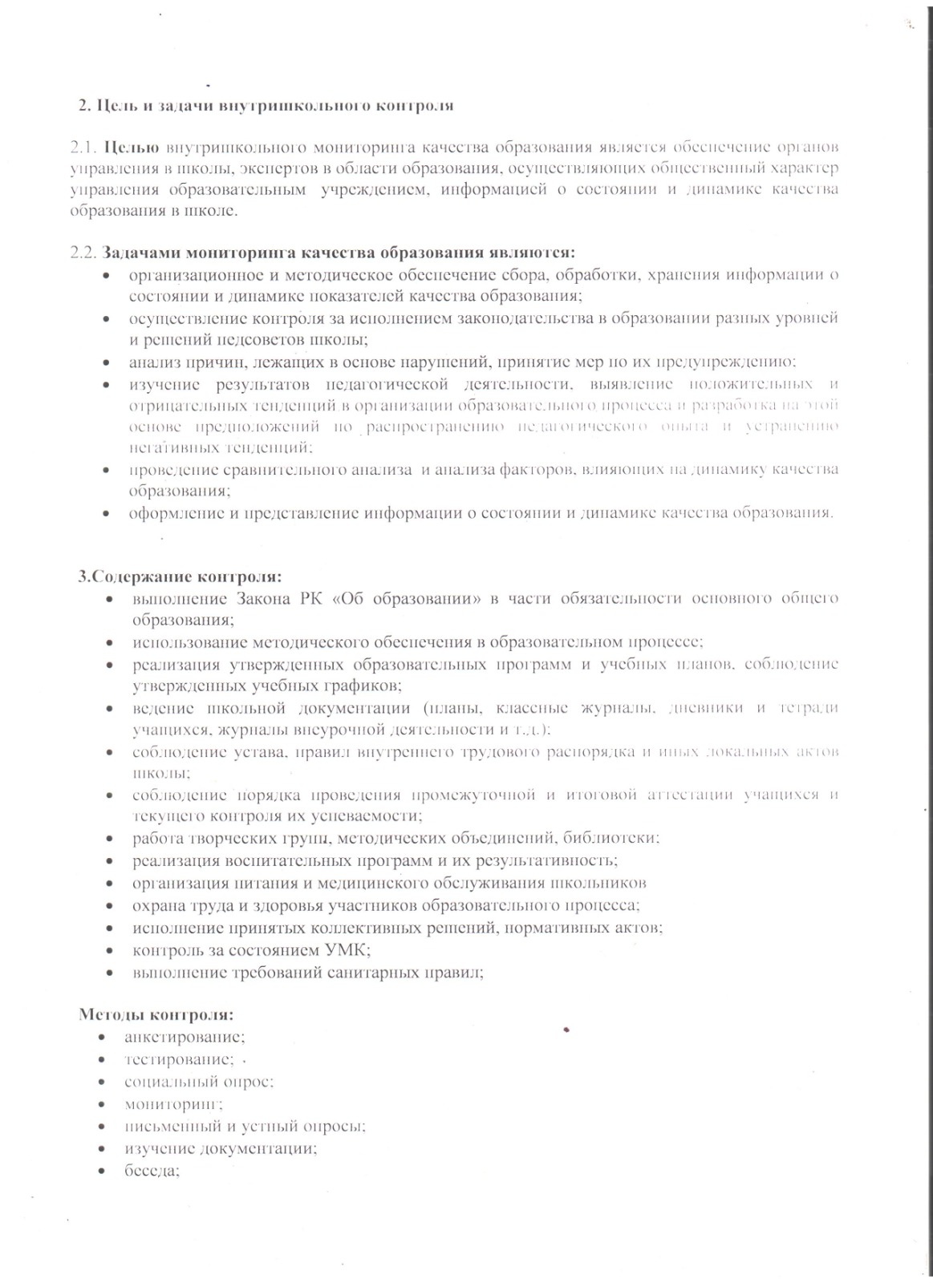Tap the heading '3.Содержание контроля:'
coord(179,577)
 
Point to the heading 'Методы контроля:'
coord(156,1014)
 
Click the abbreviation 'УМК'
coord(346,950)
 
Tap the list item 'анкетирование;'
coord(179,1037)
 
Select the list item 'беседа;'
coord(152,1170)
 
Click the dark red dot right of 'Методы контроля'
coord(566,1029)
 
